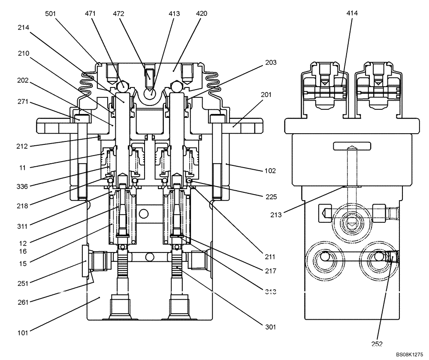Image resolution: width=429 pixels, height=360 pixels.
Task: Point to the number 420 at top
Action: click(x=201, y=14)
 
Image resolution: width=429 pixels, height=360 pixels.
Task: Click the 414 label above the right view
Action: click(x=352, y=13)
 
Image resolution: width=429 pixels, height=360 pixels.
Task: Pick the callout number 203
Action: click(x=271, y=63)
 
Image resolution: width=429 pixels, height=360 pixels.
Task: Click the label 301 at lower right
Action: click(x=270, y=327)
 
